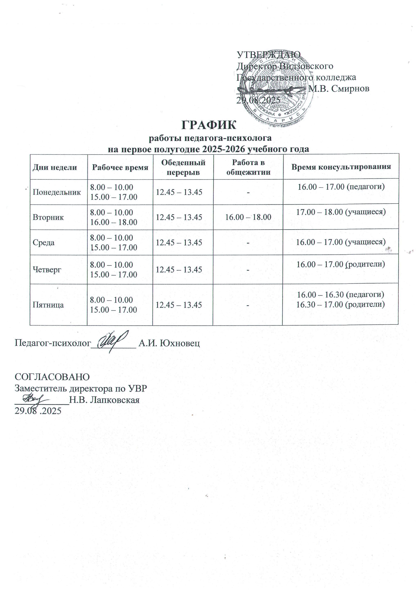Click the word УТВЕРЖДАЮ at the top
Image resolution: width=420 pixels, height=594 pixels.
pos(269,55)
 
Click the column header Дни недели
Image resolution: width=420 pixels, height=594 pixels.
pos(55,167)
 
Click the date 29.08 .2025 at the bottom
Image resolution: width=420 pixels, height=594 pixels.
pos(38,411)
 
